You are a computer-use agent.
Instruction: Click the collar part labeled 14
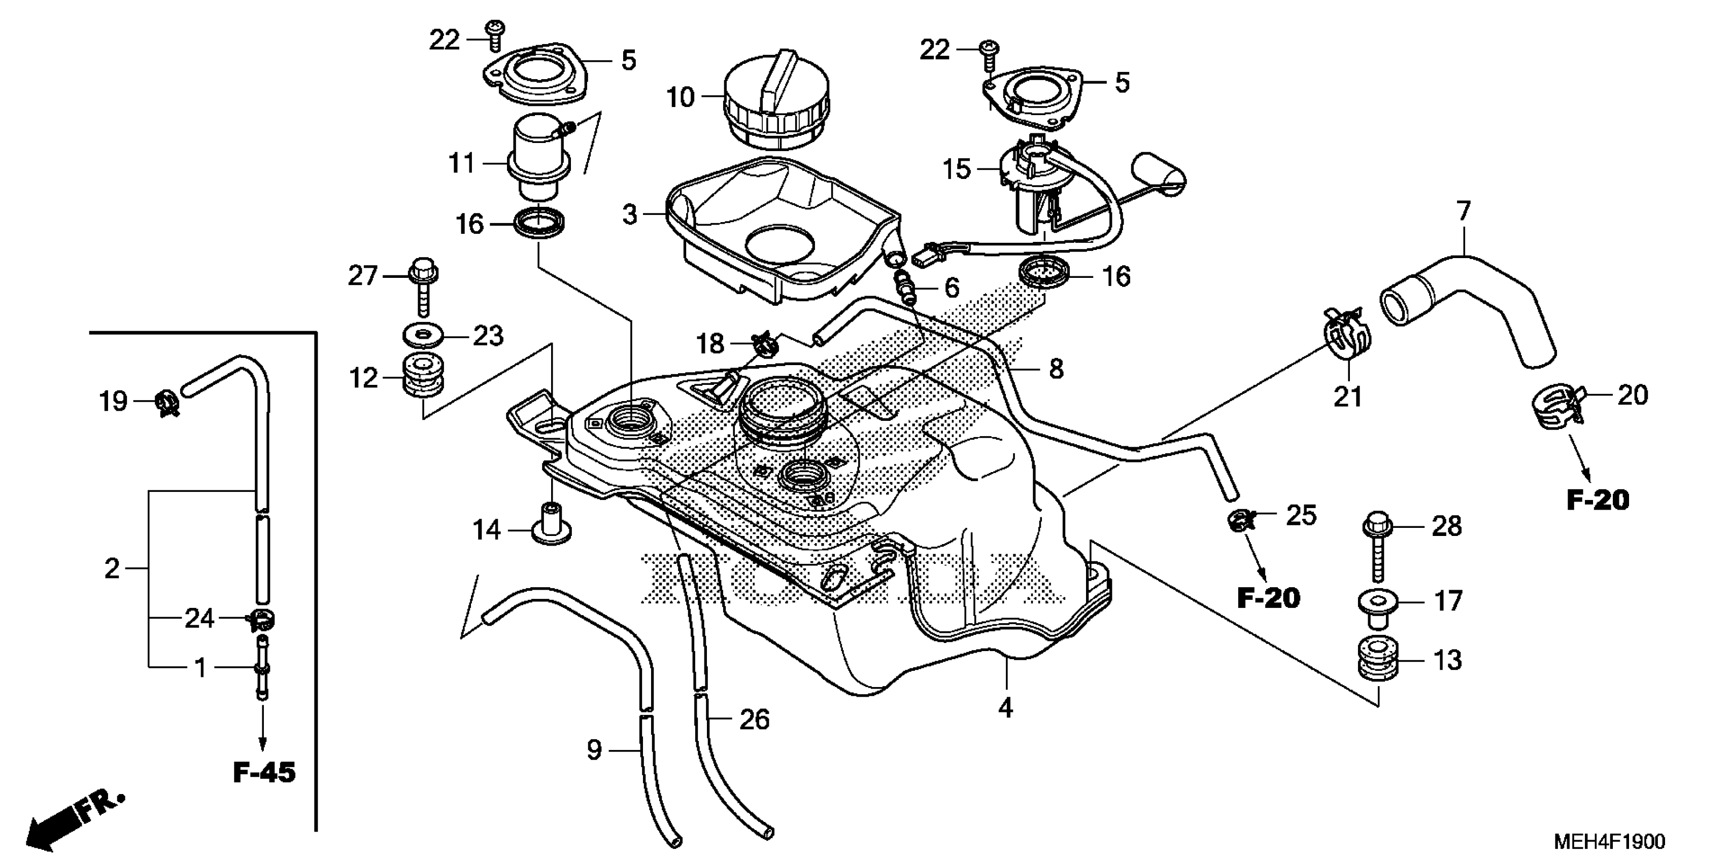coord(551,525)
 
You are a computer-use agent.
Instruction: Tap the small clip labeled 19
coord(165,404)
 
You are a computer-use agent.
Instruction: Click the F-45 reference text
coord(264,773)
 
